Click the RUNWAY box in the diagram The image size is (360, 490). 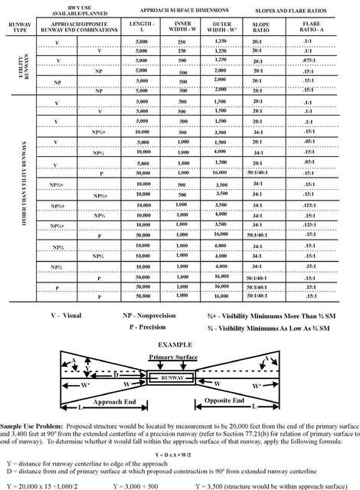[x=178, y=377]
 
